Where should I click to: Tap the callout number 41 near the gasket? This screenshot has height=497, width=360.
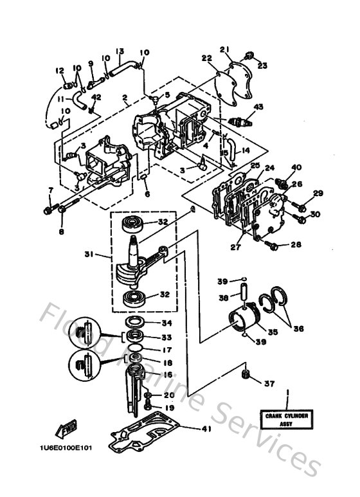click(205, 429)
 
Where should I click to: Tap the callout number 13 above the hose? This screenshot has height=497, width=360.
click(120, 51)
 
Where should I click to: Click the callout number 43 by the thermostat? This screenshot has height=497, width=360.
click(258, 107)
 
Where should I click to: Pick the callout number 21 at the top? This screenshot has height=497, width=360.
click(224, 49)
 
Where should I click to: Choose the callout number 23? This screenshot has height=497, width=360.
click(262, 64)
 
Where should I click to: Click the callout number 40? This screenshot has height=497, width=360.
click(296, 168)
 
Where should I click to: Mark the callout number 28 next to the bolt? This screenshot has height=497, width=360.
click(296, 244)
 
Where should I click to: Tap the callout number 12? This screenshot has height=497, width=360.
click(60, 71)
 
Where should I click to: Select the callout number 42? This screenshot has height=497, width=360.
click(97, 97)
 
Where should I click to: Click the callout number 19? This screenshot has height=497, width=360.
click(168, 408)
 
